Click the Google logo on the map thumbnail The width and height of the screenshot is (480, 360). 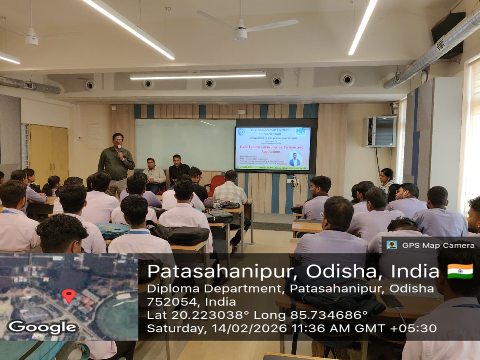pyautogui.click(x=42, y=327)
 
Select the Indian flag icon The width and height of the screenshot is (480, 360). pyautogui.click(x=460, y=271)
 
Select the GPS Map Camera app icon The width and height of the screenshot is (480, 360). pyautogui.click(x=392, y=245)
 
